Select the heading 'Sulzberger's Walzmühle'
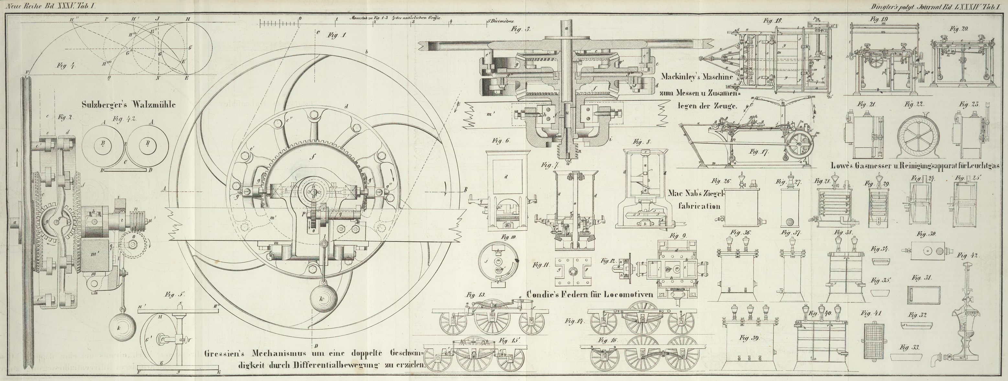[x=129, y=105]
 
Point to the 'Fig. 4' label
[x=67, y=66]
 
